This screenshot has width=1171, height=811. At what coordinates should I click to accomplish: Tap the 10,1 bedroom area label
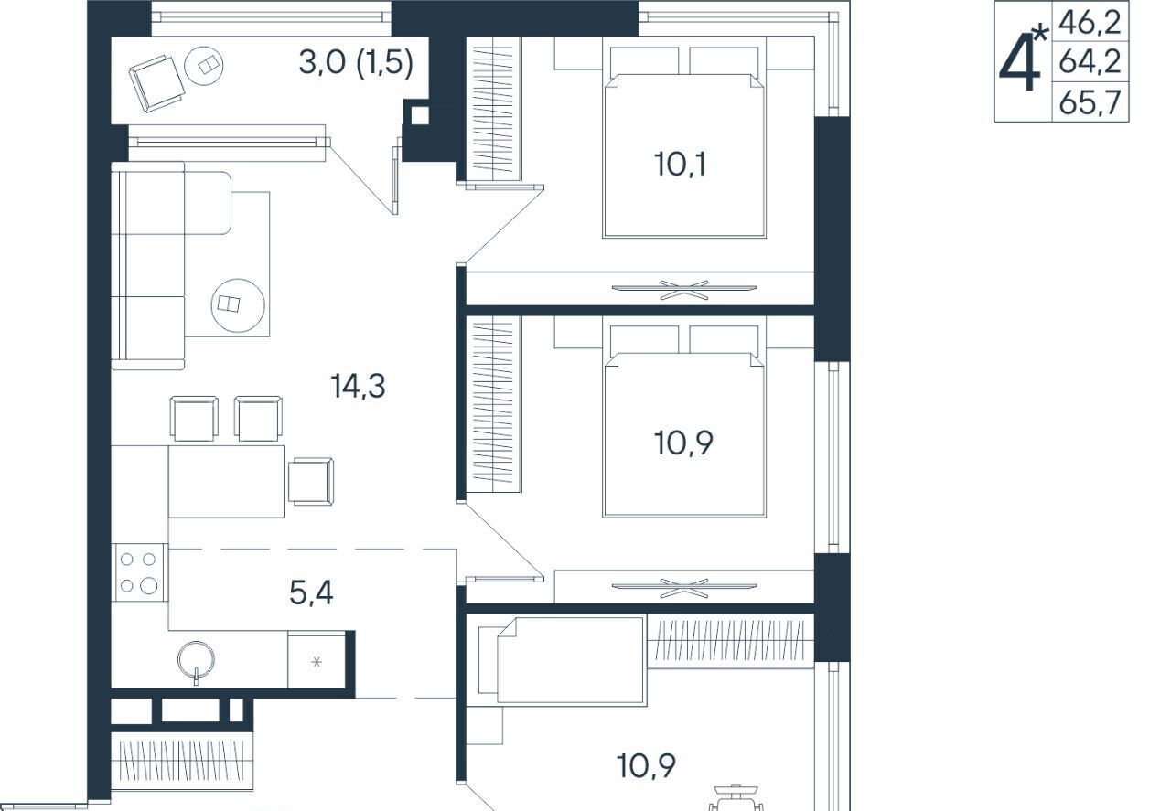(680, 164)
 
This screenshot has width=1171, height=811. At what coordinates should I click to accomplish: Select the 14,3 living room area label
(358, 386)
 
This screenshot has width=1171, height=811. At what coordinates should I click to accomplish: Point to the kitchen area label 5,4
(311, 592)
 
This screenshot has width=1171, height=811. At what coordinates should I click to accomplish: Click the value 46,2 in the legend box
(1090, 23)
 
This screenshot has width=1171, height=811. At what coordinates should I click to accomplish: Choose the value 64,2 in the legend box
(1090, 62)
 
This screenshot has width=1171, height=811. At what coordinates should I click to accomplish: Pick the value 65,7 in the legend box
(1090, 102)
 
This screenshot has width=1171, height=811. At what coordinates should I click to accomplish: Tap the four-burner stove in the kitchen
(140, 572)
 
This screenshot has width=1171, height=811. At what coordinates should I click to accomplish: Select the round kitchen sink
(196, 660)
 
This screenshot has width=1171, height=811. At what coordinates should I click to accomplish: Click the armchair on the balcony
(156, 83)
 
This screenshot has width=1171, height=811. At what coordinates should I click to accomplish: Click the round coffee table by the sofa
(238, 305)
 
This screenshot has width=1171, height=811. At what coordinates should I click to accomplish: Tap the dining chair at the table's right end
(312, 481)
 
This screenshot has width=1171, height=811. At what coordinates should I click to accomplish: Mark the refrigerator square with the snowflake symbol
(317, 662)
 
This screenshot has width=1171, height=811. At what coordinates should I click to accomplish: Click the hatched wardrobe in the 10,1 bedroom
(495, 109)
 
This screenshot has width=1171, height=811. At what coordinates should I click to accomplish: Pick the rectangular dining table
(226, 481)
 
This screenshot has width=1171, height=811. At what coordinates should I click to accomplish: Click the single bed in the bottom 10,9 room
(562, 660)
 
